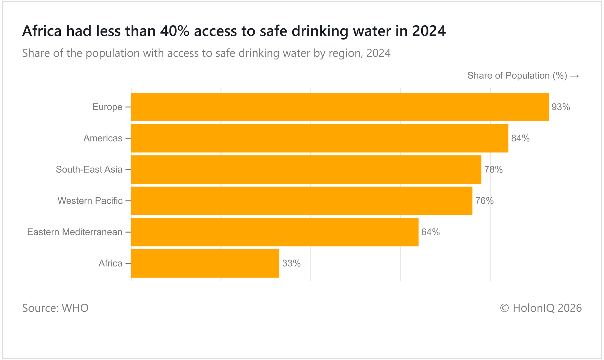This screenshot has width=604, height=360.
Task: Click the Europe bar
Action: tap(340, 107)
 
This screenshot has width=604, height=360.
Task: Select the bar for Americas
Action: tap(320, 138)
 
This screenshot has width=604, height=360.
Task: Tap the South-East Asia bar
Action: tap(306, 170)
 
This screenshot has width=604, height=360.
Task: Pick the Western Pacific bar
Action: tap(301, 201)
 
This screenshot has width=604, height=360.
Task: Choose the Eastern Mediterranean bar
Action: tap(275, 232)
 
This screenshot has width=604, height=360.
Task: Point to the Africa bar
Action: tap(205, 263)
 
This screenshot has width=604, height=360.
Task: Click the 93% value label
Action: tap(561, 107)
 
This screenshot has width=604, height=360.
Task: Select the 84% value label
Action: tap(520, 139)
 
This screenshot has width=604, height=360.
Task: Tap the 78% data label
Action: tap(493, 170)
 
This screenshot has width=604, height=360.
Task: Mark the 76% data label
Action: tap(484, 201)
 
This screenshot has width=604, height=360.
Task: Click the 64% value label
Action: tap(431, 232)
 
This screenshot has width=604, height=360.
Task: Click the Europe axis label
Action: tap(108, 107)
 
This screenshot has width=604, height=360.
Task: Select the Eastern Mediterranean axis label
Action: tap(75, 232)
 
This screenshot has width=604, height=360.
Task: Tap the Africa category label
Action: tap(111, 263)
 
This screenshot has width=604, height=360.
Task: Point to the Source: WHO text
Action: tap(55, 308)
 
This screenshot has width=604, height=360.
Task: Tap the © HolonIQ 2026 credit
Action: tap(541, 308)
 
